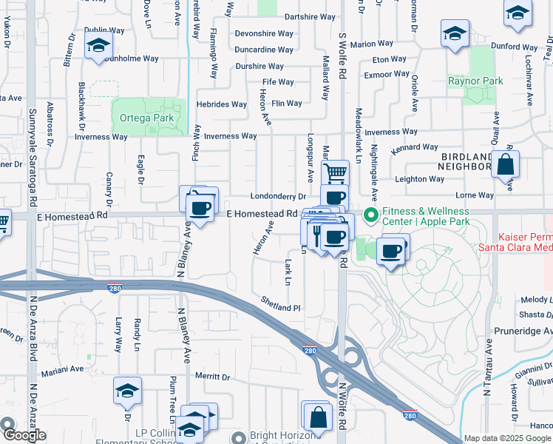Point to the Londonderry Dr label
(x=279, y=197)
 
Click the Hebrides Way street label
(x=221, y=104)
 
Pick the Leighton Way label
(x=420, y=179)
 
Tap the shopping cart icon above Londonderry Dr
(x=336, y=173)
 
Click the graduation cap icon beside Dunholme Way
(x=98, y=45)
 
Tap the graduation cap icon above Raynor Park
(x=455, y=32)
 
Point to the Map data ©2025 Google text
(x=507, y=438)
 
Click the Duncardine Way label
(x=264, y=50)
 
